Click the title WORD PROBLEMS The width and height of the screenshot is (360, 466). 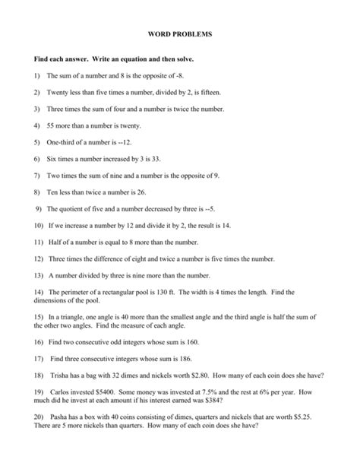tap(179, 35)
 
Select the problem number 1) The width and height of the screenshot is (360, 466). tap(37, 76)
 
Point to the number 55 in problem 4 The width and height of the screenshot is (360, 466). tap(51, 125)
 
